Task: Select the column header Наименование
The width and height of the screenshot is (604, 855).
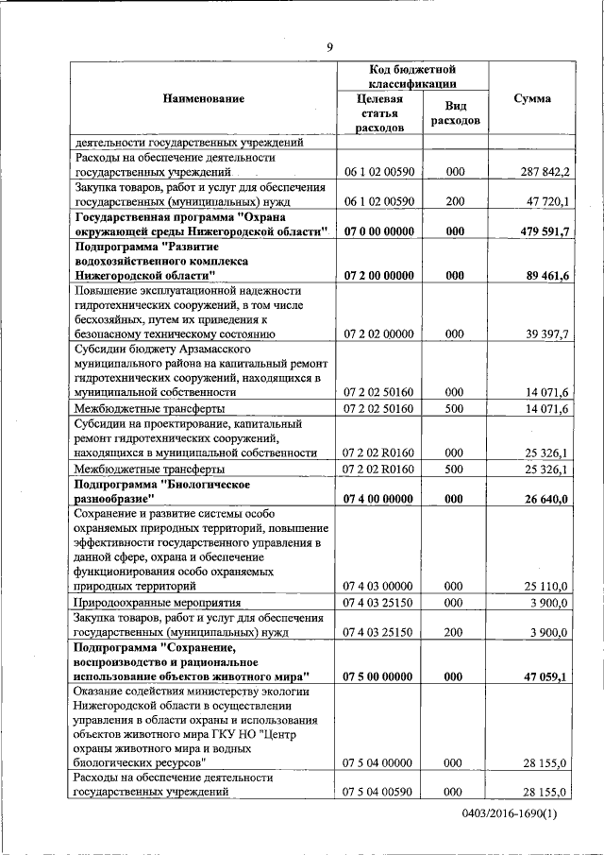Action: (203, 98)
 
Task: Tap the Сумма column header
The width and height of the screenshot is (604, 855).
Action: (532, 98)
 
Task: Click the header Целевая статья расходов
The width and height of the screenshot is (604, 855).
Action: (380, 113)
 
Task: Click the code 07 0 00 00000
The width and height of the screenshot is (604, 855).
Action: (380, 231)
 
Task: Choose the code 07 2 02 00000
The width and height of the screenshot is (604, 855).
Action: (380, 333)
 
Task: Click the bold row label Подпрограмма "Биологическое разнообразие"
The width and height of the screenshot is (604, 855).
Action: (161, 491)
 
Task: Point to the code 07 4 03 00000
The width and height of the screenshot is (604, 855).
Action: (380, 587)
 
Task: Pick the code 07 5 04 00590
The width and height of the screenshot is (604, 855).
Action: (380, 792)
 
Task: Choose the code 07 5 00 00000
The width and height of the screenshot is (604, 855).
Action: (380, 675)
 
